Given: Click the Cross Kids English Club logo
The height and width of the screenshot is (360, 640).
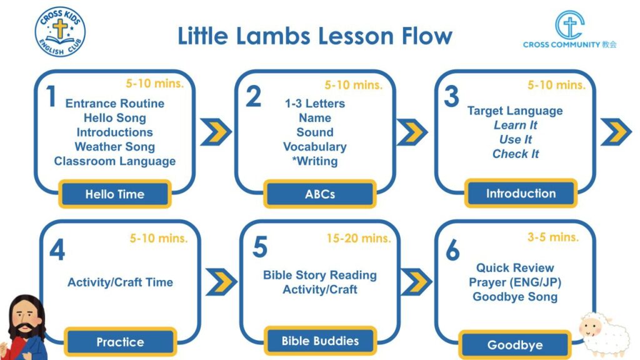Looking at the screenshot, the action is [60, 32].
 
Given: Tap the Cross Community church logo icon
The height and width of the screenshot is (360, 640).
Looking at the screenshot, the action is [570, 25].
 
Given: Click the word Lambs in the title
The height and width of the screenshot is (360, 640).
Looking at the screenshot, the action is [273, 36].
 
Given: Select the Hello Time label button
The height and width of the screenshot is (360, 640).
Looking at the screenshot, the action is [115, 194].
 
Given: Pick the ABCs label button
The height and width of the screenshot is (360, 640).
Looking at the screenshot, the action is [319, 194].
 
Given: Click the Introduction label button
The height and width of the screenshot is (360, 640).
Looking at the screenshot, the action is [521, 193].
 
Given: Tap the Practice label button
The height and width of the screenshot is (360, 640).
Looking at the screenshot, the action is [121, 342].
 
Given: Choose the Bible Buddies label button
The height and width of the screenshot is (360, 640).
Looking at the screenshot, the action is [320, 341].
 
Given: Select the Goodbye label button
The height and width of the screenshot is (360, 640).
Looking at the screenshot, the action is [515, 345].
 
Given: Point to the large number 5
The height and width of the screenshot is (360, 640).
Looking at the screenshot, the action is [260, 247].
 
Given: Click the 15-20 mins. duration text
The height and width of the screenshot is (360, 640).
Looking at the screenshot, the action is [358, 238].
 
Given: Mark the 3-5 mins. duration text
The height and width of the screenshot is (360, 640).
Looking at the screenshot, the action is [553, 237].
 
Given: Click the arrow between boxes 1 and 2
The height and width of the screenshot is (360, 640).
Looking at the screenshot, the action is [216, 132].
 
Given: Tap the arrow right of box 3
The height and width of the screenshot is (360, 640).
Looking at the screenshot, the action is [616, 132].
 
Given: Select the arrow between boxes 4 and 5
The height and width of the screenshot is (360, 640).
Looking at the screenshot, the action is [221, 282].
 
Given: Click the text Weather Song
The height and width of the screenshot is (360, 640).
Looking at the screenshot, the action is [115, 146].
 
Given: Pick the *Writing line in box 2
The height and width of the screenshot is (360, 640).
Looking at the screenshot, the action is [315, 161].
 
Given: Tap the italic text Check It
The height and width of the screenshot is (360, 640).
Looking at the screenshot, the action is [516, 154].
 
